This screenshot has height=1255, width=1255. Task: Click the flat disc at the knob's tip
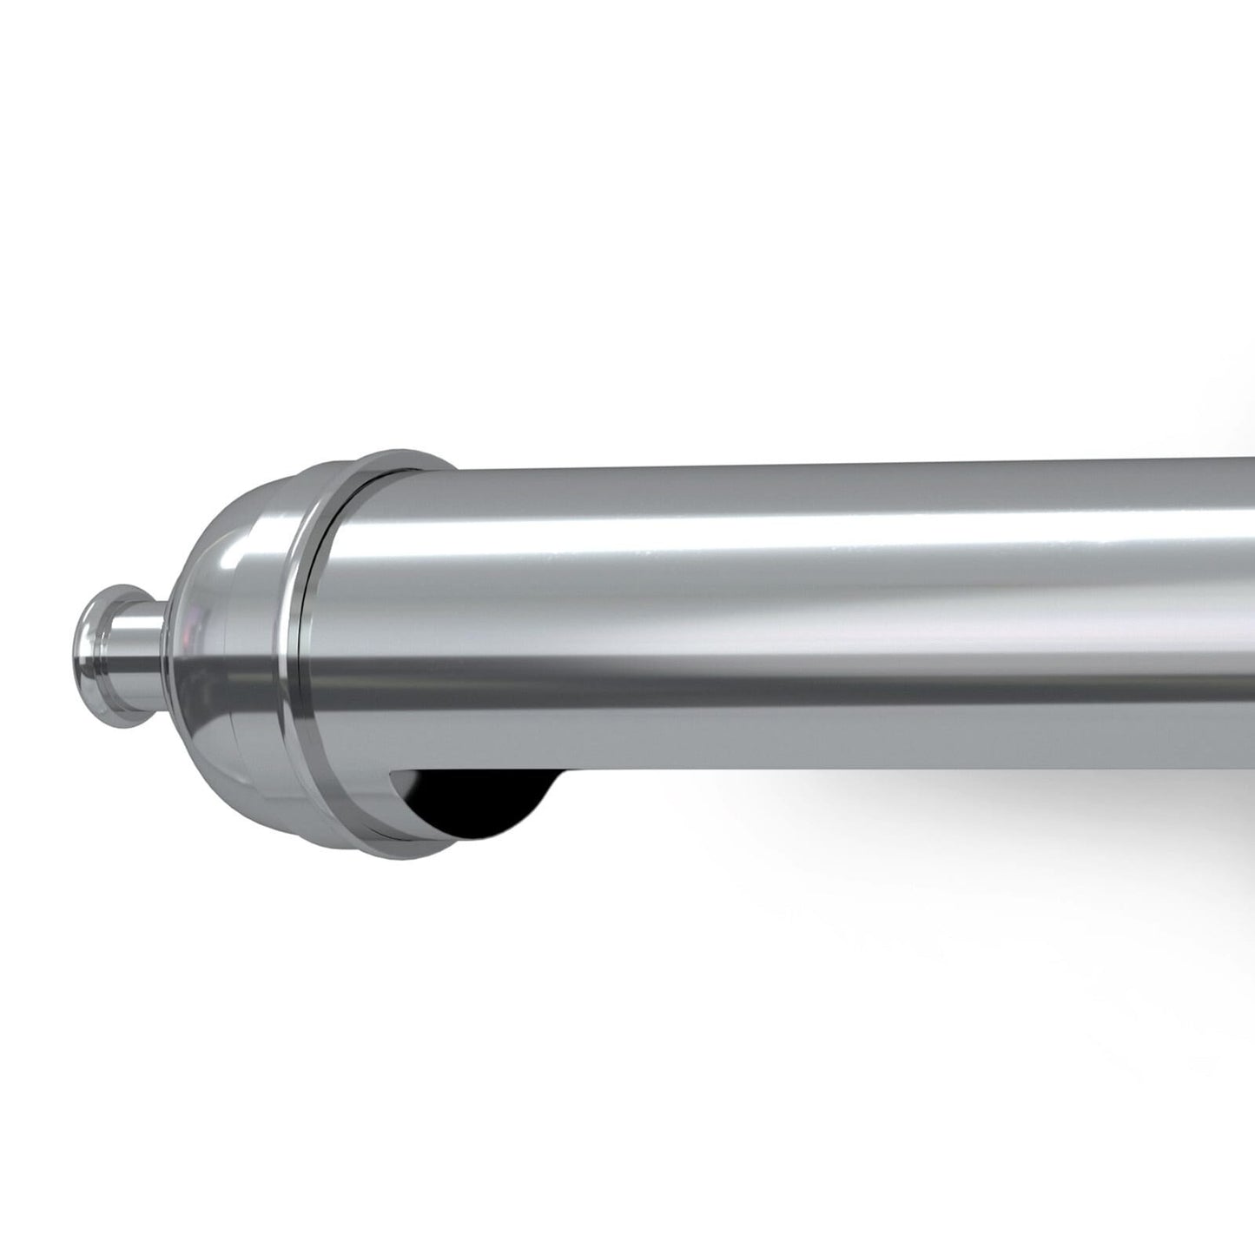(89, 642)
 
